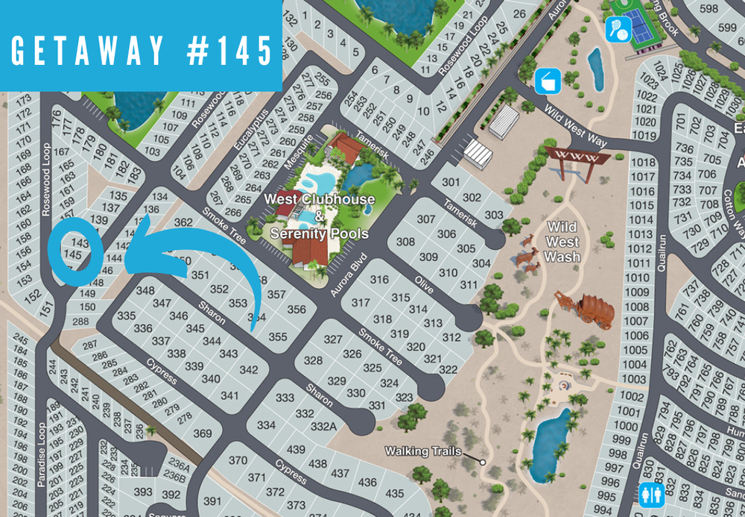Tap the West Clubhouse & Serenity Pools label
click(319, 216)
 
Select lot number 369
click(203, 433)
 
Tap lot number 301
click(451, 182)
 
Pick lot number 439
click(296, 449)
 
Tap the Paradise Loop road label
click(40, 456)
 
